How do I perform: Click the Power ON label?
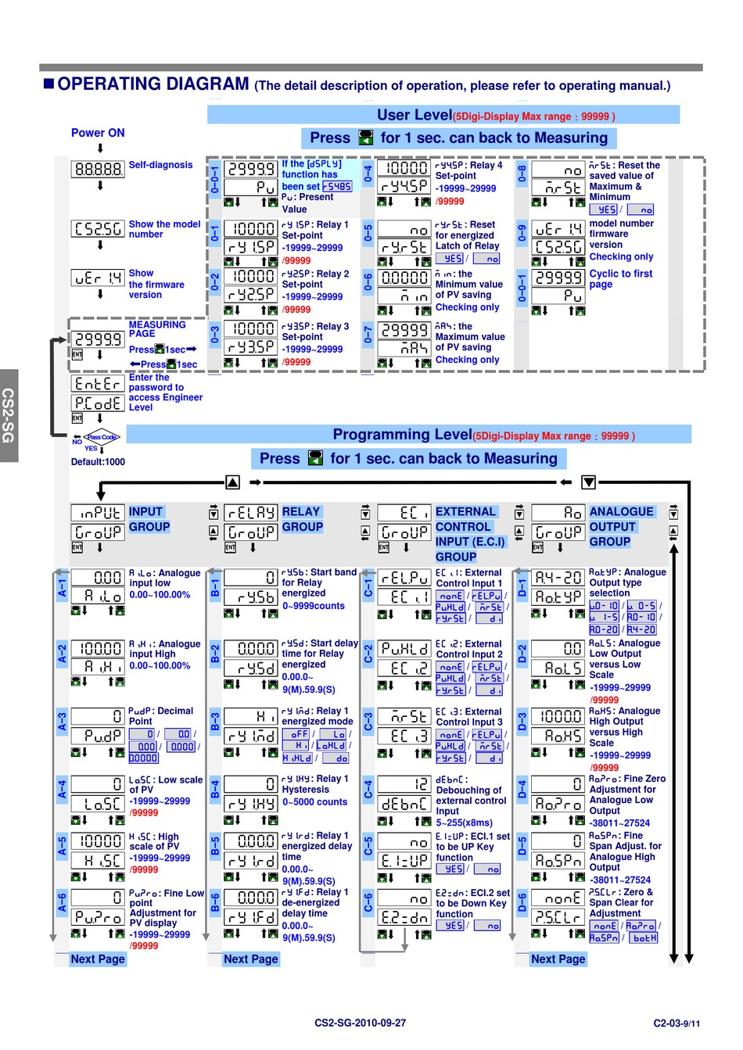click(x=98, y=133)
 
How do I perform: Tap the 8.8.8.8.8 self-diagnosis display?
click(x=98, y=169)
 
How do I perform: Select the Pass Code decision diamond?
click(x=102, y=437)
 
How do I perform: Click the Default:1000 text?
click(x=98, y=462)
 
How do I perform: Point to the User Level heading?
click(x=415, y=115)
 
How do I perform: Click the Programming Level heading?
click(x=402, y=435)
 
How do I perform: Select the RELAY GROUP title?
click(x=302, y=519)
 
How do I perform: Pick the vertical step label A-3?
click(x=62, y=722)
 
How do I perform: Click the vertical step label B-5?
click(x=215, y=847)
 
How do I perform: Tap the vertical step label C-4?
click(x=368, y=790)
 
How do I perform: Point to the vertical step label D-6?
click(x=522, y=904)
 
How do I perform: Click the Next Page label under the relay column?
click(x=250, y=959)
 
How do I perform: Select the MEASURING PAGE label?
click(x=157, y=329)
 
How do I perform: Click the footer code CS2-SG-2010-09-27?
click(x=360, y=1023)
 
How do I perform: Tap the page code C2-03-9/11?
click(x=677, y=1023)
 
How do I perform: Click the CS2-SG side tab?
click(x=9, y=415)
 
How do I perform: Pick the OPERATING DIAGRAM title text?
click(x=153, y=84)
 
